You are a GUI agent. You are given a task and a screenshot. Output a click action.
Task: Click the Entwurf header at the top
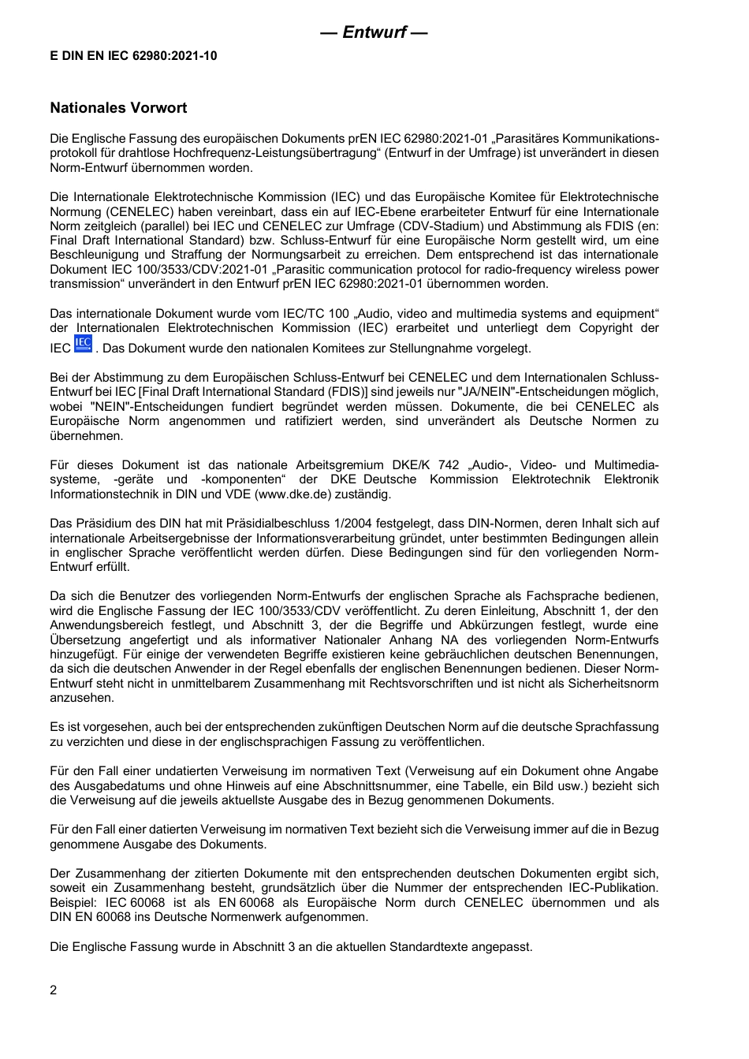374,32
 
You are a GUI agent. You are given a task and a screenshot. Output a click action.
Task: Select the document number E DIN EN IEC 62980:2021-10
133,55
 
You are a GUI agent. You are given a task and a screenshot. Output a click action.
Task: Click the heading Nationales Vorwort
118,107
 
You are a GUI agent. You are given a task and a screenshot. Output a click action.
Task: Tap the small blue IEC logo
83,345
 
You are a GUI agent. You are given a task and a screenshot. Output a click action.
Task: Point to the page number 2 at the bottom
54,990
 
